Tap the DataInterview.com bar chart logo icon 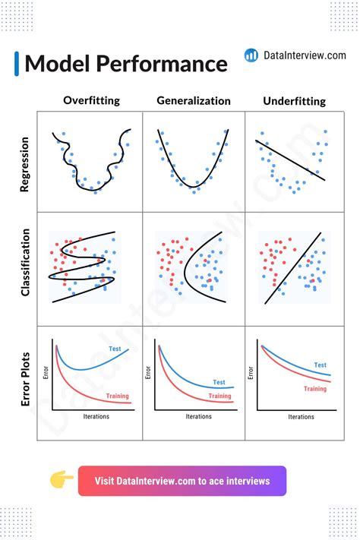251,55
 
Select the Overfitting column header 91,100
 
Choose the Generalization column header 194,100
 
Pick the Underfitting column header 294,101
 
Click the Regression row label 25,164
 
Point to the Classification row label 25,262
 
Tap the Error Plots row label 25,377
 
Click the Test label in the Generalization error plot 219,382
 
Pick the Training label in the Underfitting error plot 315,389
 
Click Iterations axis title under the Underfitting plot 301,417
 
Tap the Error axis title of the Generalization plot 148,374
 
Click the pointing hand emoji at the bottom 62,480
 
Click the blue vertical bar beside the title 17,63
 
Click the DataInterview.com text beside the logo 305,55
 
